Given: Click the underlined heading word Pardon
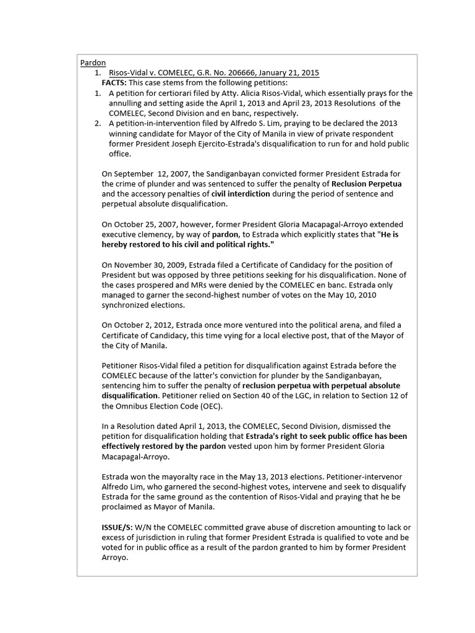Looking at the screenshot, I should pyautogui.click(x=93, y=63).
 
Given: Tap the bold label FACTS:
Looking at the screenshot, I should pyautogui.click(x=114, y=83).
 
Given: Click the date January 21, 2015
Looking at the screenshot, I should pyautogui.click(x=294, y=73).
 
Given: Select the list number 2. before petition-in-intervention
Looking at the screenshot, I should pyautogui.click(x=98, y=124).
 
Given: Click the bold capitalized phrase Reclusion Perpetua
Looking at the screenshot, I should pyautogui.click(x=366, y=184).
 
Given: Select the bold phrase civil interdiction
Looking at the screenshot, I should pyautogui.click(x=241, y=193).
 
